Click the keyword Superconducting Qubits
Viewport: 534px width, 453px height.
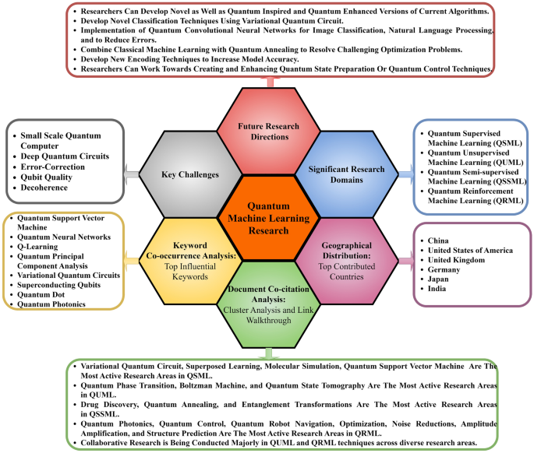(x=62, y=283)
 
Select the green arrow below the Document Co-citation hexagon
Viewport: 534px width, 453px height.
(x=267, y=355)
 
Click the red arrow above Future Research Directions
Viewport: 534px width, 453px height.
(x=267, y=81)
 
